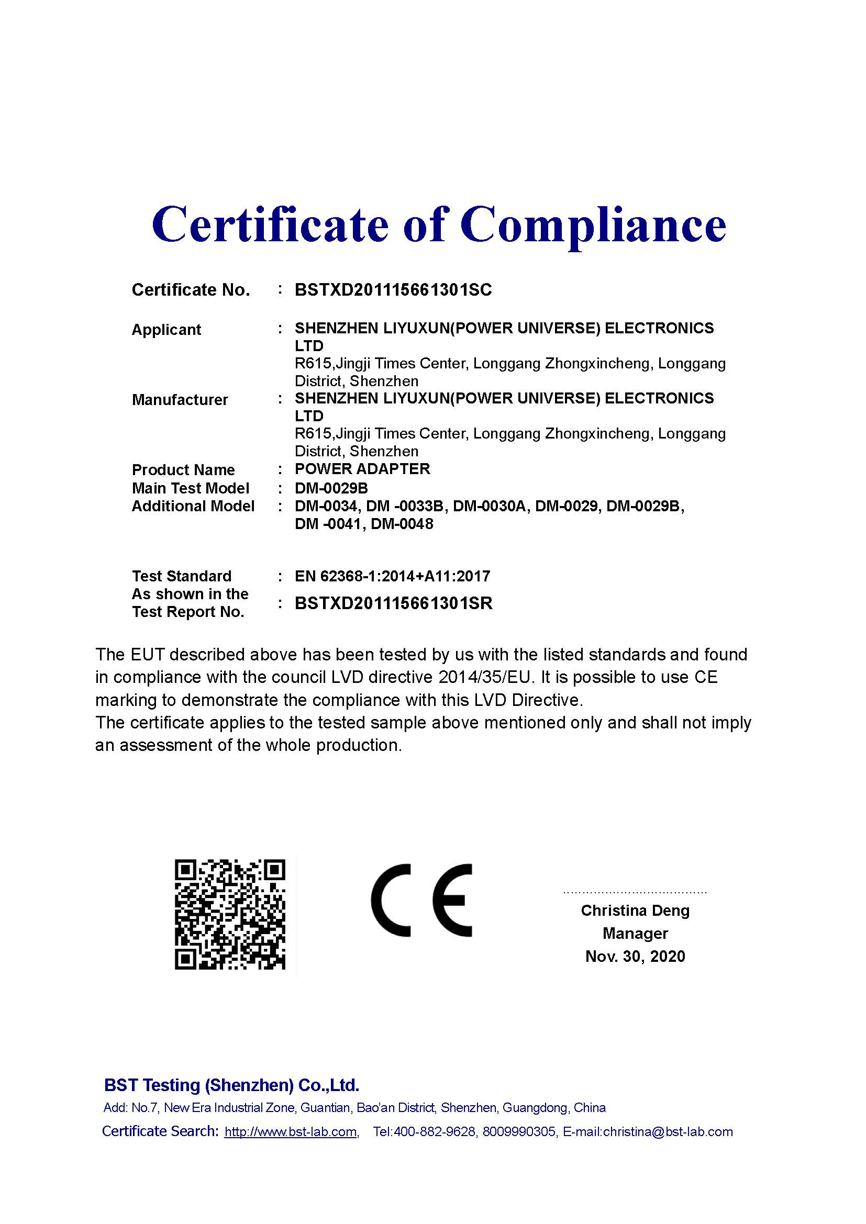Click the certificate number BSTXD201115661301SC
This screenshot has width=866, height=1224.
click(x=393, y=290)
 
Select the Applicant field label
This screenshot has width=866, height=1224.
click(x=166, y=330)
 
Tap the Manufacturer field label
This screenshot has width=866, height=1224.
click(x=180, y=400)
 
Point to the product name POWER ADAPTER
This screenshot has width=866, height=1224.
click(x=362, y=469)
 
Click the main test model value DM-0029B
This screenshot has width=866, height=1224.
click(x=331, y=488)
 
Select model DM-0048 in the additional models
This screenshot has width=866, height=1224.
click(x=402, y=524)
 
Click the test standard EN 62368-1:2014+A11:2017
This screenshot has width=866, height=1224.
click(x=392, y=576)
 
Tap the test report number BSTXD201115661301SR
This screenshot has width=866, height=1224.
click(x=393, y=603)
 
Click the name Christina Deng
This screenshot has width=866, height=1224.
click(x=635, y=911)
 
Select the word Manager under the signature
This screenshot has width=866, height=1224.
click(x=635, y=934)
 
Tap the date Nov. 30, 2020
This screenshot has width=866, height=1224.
click(x=635, y=957)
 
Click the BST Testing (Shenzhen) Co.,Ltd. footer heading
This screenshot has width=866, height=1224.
click(x=231, y=1085)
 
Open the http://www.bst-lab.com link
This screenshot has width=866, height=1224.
click(x=291, y=1132)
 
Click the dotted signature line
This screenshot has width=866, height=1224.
click(x=635, y=892)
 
